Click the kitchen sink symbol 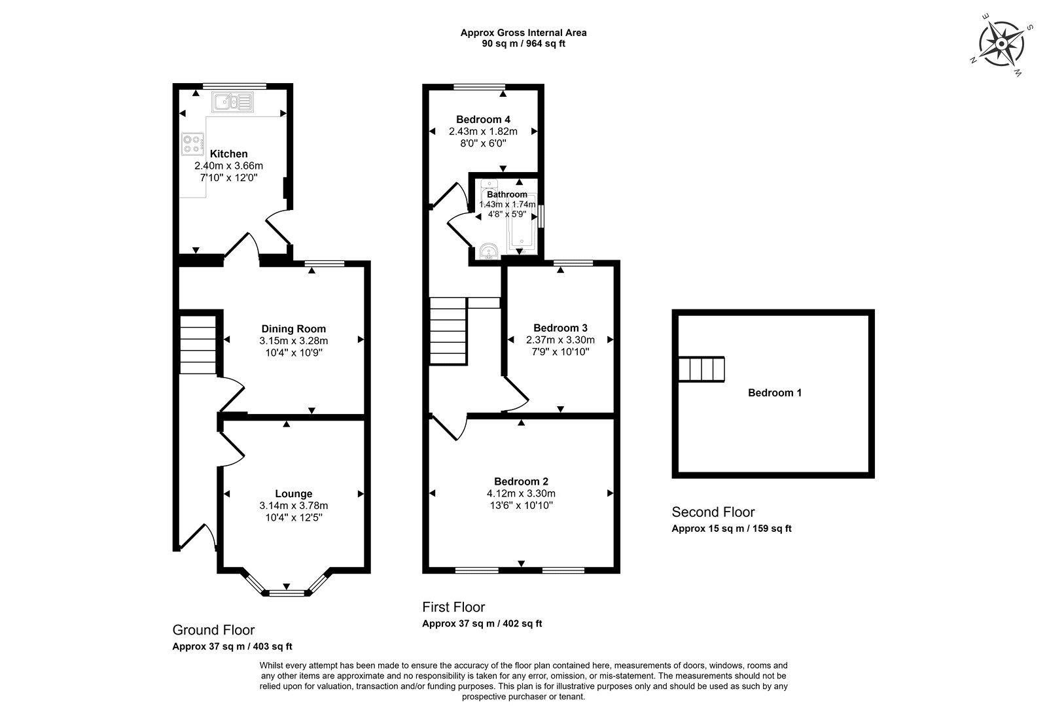click(232, 102)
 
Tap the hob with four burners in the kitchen click(192, 145)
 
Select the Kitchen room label click(228, 154)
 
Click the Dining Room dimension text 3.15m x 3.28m click(294, 341)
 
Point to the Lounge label click(294, 493)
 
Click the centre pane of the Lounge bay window click(287, 593)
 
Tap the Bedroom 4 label click(484, 119)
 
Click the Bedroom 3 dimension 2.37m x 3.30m click(560, 340)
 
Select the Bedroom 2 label click(521, 481)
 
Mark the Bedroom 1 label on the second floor click(775, 392)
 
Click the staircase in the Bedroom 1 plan click(701, 369)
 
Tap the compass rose click(1001, 44)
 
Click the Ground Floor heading click(213, 630)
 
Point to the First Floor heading click(453, 607)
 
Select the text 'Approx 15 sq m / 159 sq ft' click(732, 529)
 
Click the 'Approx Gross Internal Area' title click(523, 33)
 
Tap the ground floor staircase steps click(198, 345)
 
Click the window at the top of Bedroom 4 click(480, 86)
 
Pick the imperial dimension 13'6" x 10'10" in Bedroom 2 click(521, 505)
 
